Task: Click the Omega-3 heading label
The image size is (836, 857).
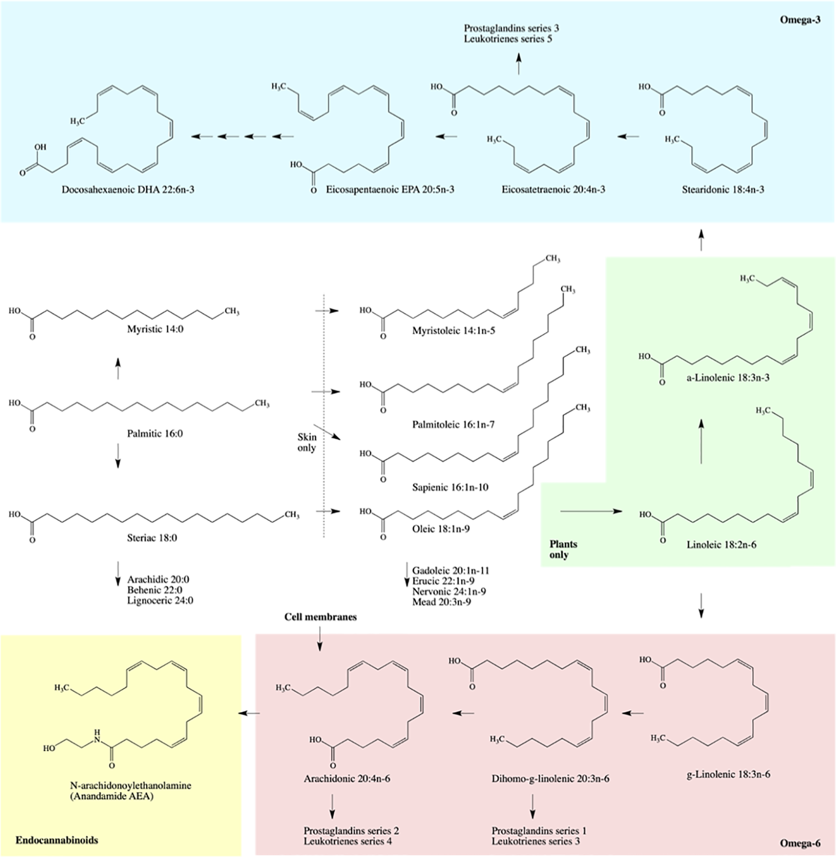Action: (800, 20)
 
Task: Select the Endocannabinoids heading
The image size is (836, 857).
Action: (57, 840)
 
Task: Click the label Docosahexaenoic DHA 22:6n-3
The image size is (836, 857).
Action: (128, 190)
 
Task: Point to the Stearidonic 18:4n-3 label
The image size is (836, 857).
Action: (723, 190)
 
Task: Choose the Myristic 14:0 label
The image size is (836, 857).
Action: (155, 329)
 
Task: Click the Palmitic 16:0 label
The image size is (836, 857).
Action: (155, 433)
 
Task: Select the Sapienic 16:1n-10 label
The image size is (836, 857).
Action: (450, 488)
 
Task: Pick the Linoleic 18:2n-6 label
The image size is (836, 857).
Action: (722, 544)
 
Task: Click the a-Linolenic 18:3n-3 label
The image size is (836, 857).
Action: (728, 378)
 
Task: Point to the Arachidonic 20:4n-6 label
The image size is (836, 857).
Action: (347, 779)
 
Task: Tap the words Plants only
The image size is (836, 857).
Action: (563, 549)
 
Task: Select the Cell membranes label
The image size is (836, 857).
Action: (320, 617)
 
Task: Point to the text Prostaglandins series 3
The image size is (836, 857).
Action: (511, 28)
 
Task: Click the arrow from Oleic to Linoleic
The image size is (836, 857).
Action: (591, 512)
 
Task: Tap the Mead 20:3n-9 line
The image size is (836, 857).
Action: (441, 602)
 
